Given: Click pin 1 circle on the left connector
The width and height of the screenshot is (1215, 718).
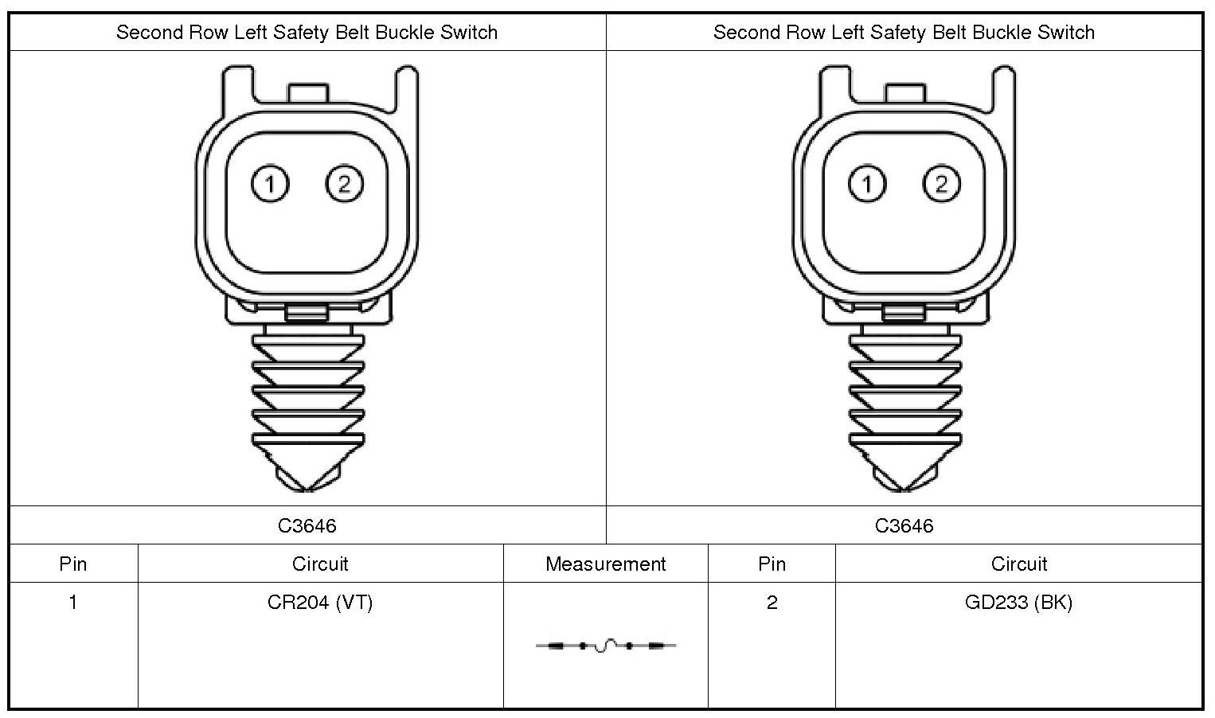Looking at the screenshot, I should pos(270,185).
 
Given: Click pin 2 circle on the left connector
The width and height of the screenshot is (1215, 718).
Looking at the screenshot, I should pos(344,185).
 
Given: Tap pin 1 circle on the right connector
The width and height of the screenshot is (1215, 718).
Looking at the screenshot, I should pos(867,185).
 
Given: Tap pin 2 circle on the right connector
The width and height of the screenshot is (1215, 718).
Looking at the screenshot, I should pos(941,185).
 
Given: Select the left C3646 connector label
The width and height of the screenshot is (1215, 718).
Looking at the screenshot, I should pos(307,525).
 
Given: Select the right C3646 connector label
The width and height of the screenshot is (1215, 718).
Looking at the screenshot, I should pos(904,525).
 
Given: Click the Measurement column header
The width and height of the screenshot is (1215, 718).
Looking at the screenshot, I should pos(605,564).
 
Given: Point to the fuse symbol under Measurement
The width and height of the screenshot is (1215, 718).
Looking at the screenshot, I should pos(606,646).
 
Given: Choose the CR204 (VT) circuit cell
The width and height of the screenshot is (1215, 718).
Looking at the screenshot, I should pos(320,603).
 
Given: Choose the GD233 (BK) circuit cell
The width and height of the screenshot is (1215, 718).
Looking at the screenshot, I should pos(1018,603).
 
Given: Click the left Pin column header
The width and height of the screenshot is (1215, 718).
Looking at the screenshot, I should pos(73,564).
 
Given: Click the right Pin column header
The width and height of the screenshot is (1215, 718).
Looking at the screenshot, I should pos(772,564).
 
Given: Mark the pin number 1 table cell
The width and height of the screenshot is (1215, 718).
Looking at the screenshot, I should pos(73,603).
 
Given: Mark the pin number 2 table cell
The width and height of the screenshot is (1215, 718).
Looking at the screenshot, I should pos(772,603).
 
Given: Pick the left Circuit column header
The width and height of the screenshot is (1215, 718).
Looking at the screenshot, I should pos(320,564).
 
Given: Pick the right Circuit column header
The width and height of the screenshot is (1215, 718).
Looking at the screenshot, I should pos(1018,564).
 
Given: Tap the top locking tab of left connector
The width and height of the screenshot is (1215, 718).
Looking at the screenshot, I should pos(307,92).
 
